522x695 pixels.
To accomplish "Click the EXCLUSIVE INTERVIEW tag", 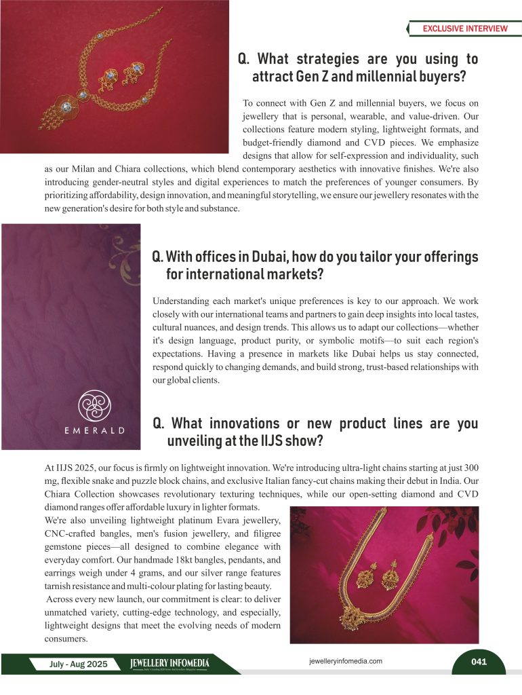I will click(x=464, y=29).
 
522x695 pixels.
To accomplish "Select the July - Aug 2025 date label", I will click(x=79, y=664).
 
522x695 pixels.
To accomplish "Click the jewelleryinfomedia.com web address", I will click(x=345, y=660).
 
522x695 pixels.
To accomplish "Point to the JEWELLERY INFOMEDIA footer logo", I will click(x=169, y=663).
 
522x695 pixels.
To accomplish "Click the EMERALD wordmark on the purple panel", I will click(x=94, y=430).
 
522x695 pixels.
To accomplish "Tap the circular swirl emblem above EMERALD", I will click(x=94, y=405).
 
